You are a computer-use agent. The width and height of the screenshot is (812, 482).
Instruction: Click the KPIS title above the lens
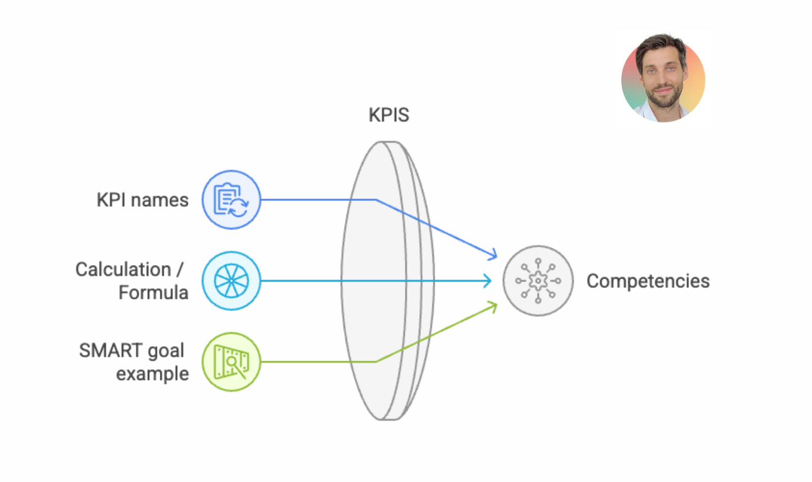tap(389, 115)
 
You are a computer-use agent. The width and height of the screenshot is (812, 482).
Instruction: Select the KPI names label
tap(143, 200)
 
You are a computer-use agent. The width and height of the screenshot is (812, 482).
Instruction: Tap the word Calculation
tap(123, 269)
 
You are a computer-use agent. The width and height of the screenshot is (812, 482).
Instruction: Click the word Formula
tap(153, 293)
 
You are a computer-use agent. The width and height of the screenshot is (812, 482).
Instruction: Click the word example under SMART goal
tap(152, 374)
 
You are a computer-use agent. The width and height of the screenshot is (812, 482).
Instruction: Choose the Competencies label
tap(648, 281)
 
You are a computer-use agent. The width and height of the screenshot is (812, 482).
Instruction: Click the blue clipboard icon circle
tap(231, 200)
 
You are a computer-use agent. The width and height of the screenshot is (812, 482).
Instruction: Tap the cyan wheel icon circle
tap(231, 280)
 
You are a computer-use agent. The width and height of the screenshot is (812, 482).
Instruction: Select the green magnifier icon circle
tap(231, 362)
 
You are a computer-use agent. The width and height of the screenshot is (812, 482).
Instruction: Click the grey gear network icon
tap(538, 280)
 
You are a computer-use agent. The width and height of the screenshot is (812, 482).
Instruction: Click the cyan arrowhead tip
tap(490, 280)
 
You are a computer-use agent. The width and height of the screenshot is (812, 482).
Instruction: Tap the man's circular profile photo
tap(663, 79)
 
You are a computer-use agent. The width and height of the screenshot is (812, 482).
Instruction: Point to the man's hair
tap(661, 45)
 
